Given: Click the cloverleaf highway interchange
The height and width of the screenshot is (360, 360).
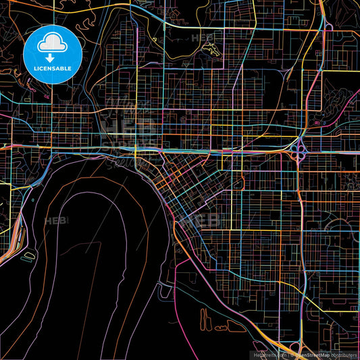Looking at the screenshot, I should pyautogui.click(x=300, y=149).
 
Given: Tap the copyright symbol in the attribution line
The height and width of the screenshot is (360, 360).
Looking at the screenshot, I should pyautogui.click(x=290, y=355).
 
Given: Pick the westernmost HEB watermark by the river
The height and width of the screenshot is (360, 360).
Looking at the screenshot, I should pyautogui.click(x=55, y=221).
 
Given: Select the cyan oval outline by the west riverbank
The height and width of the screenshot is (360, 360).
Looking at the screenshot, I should pyautogui.click(x=30, y=256).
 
